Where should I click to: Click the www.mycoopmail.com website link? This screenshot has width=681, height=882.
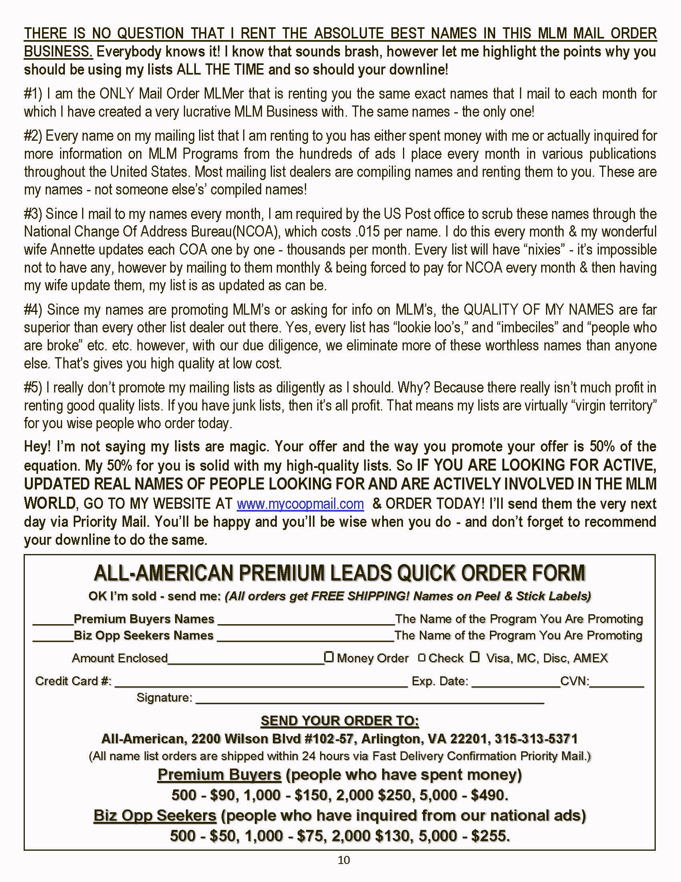[x=300, y=504]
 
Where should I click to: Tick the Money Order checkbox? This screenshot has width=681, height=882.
[x=329, y=657]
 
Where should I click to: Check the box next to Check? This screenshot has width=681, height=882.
[x=421, y=658]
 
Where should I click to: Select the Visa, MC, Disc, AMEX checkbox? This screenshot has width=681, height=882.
[x=475, y=657]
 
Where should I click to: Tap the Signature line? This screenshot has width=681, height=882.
[x=370, y=698]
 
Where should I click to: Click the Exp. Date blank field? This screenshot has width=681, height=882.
[x=515, y=682]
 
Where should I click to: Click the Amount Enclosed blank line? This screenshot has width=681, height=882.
[x=246, y=659]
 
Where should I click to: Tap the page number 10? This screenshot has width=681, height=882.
[x=344, y=860]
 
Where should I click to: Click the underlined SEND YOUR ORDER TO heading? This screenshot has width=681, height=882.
[x=340, y=720]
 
